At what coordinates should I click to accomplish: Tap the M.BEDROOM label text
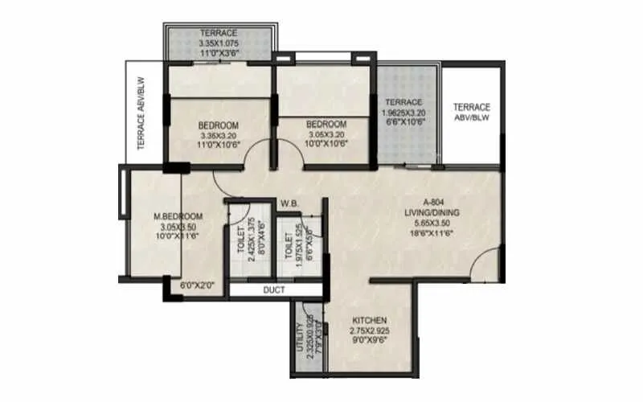(178, 216)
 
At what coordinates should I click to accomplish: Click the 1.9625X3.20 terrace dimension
(403, 113)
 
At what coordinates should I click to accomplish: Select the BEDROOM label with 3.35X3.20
(218, 125)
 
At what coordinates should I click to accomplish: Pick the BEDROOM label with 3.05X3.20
(326, 124)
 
